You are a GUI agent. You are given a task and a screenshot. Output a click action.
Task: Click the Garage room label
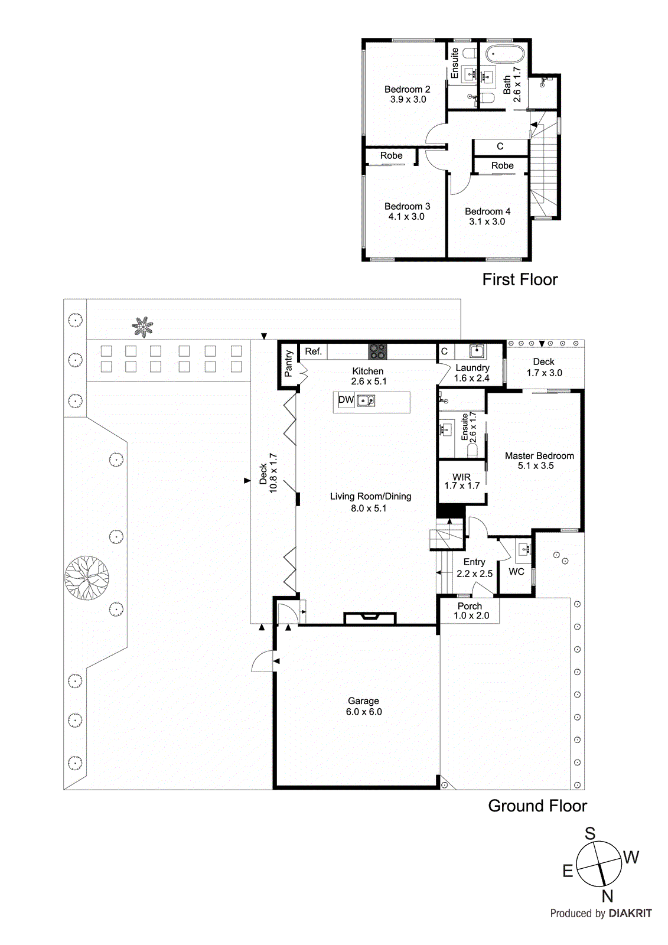pyautogui.click(x=363, y=701)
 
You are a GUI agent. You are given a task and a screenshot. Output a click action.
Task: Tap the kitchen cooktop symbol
pyautogui.click(x=377, y=351)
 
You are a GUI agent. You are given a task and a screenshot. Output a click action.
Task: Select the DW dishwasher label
pyautogui.click(x=346, y=400)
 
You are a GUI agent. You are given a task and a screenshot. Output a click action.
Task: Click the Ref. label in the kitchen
pyautogui.click(x=313, y=351)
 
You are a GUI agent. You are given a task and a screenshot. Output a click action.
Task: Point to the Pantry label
pyautogui.click(x=289, y=364)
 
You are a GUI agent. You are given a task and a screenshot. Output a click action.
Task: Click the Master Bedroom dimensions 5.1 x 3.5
pyautogui.click(x=536, y=466)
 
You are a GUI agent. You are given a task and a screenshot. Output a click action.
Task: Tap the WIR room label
pyautogui.click(x=462, y=477)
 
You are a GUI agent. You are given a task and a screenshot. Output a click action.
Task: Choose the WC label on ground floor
pyautogui.click(x=516, y=572)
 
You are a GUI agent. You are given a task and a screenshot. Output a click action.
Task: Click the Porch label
pyautogui.click(x=470, y=606)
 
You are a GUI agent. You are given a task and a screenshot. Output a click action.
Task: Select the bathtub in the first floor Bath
pyautogui.click(x=505, y=56)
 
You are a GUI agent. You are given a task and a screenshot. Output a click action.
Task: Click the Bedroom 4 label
pyautogui.click(x=487, y=211)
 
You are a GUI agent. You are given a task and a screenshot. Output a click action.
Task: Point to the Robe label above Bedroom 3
pyautogui.click(x=391, y=156)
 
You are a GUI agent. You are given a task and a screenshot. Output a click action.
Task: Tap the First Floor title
pyautogui.click(x=520, y=279)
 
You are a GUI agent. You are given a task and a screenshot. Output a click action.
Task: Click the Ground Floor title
pyautogui.click(x=537, y=806)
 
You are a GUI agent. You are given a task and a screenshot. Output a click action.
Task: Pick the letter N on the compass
pyautogui.click(x=608, y=896)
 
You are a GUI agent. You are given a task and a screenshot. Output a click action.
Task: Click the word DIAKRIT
pyautogui.click(x=630, y=913)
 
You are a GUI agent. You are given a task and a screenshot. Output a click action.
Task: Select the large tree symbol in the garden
pyautogui.click(x=87, y=578)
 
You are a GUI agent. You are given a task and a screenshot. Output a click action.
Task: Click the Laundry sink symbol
pyautogui.click(x=477, y=351)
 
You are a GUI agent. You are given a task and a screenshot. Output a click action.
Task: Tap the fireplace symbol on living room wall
pyautogui.click(x=370, y=618)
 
